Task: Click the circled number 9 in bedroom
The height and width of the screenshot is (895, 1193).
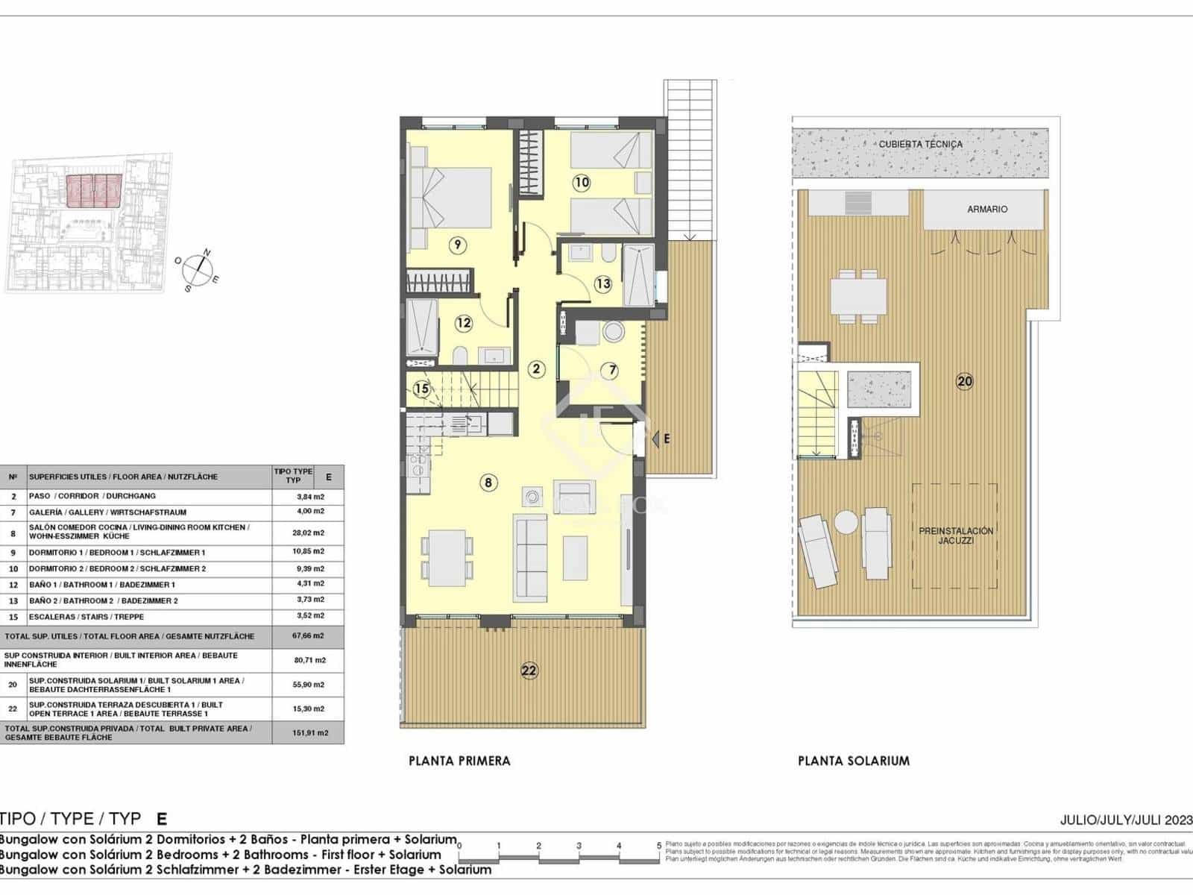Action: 458,244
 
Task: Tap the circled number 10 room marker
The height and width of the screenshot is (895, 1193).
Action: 582,181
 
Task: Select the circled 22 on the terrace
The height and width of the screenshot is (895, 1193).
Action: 529,671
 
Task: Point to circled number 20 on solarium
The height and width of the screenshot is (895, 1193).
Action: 965,381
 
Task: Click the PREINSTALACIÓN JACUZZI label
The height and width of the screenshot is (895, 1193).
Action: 956,536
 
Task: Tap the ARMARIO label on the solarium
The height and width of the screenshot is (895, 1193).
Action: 987,210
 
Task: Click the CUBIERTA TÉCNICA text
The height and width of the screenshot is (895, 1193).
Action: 920,144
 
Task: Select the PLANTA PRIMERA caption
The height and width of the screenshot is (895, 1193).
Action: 459,761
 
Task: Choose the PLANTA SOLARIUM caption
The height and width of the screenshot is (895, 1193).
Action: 854,761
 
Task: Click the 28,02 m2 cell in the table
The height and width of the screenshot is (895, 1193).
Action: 309,533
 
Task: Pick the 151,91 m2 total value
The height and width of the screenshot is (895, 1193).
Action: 309,732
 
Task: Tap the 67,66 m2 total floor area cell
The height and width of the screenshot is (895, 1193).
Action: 309,636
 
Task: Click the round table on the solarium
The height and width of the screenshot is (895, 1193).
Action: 846,521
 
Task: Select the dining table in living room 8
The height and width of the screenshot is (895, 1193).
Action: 447,556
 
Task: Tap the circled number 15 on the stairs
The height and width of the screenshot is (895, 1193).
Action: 422,389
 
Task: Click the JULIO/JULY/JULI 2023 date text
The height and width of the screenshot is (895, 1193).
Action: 1126,820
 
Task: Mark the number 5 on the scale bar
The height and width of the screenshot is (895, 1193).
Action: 659,846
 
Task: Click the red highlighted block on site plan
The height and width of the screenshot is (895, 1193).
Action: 94,191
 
